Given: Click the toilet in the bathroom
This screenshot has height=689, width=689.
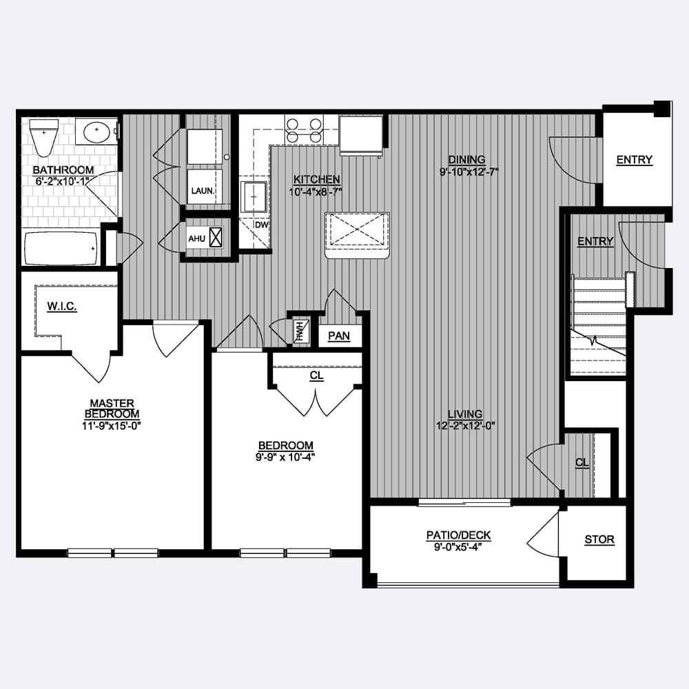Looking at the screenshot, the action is [x=44, y=136].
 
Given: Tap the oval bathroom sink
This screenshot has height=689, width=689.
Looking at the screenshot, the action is [x=97, y=132].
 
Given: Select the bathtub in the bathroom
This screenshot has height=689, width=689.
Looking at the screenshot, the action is [x=61, y=249].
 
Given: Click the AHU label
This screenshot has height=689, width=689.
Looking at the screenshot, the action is [x=197, y=238].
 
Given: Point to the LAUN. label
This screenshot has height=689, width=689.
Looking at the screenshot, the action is [x=203, y=191].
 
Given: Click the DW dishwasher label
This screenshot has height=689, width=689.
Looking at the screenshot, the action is [x=261, y=225].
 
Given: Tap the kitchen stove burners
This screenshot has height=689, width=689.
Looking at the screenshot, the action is [x=304, y=130].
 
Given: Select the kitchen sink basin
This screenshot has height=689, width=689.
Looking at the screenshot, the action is [x=254, y=197].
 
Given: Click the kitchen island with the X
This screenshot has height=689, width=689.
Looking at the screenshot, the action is [x=357, y=235].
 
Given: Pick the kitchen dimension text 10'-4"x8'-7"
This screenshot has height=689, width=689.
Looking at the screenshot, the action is [x=316, y=192].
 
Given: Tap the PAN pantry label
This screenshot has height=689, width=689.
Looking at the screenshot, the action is [x=339, y=336].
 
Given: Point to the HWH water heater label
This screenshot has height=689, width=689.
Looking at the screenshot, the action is [x=300, y=332].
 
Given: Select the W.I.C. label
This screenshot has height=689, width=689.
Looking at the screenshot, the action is [x=62, y=307].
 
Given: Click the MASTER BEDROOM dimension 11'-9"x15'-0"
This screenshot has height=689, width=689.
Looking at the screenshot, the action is [x=111, y=425].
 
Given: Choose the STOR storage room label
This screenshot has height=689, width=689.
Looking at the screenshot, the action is [x=599, y=539].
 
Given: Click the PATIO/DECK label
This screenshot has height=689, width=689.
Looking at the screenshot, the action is [x=458, y=535].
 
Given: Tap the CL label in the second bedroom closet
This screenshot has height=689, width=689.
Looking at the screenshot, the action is [x=316, y=376].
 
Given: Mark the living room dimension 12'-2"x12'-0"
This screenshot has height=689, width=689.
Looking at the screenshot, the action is [x=466, y=425].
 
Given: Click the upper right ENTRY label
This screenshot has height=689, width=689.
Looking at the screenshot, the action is [x=634, y=160].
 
